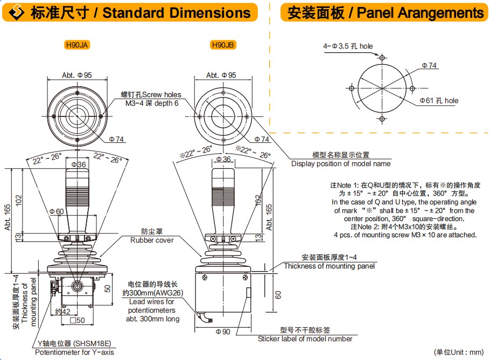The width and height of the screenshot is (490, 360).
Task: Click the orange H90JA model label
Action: (77, 45)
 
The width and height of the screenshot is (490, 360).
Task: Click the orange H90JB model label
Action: (223, 45)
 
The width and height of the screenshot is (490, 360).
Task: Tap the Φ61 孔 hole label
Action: (439, 101)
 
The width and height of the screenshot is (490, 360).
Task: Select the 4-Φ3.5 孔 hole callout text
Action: (348, 46)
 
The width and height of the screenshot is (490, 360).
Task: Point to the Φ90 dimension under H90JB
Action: (223, 331)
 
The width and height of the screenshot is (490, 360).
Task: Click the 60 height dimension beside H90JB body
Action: (278, 295)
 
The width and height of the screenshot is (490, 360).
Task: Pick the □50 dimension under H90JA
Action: (77, 320)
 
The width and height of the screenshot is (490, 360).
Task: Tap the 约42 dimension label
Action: (62, 311)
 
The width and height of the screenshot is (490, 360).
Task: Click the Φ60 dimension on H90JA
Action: (57, 212)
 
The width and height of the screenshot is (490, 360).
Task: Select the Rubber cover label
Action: (152, 240)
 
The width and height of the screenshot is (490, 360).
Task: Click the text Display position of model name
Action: (341, 164)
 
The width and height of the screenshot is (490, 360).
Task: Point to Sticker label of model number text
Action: (305, 339)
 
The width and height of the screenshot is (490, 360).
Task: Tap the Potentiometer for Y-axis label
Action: (74, 352)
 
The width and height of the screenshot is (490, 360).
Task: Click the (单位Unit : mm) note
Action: (459, 352)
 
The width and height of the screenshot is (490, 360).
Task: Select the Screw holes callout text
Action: (162, 94)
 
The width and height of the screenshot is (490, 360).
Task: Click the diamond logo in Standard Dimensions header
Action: (17, 12)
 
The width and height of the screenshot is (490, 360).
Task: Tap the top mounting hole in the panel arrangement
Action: (382, 58)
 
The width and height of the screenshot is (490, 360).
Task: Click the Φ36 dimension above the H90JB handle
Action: (223, 159)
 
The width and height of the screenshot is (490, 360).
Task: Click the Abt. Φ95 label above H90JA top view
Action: (77, 75)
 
